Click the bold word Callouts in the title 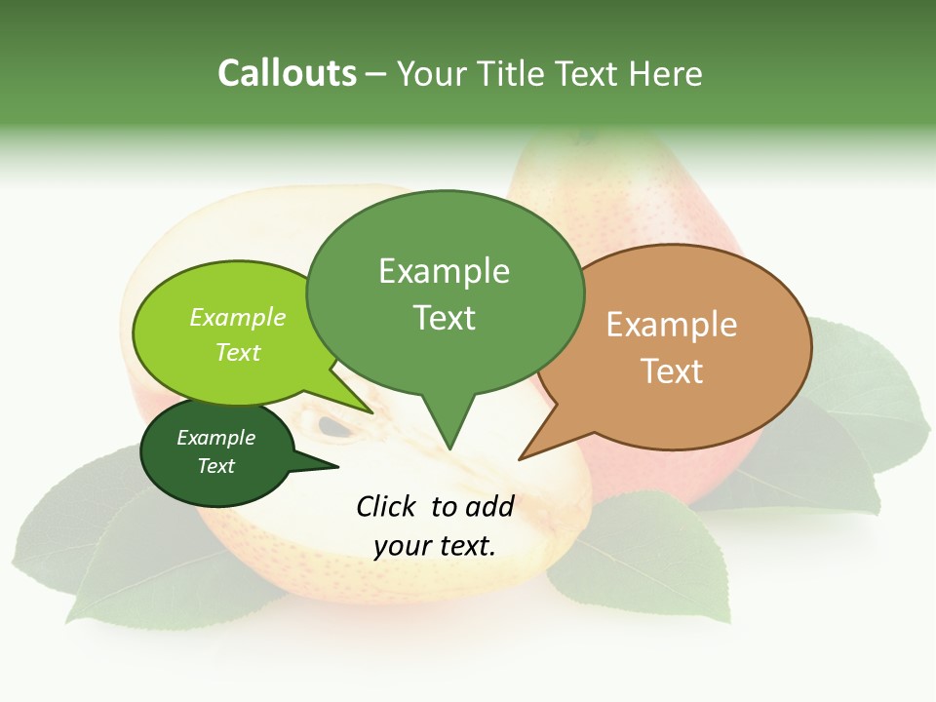pyautogui.click(x=287, y=73)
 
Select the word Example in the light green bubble pyautogui.click(x=238, y=317)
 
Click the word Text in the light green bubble pyautogui.click(x=238, y=352)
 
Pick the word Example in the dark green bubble pyautogui.click(x=215, y=438)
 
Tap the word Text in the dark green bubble pyautogui.click(x=215, y=466)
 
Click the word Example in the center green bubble pyautogui.click(x=444, y=271)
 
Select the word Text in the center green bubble pyautogui.click(x=444, y=318)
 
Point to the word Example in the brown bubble pyautogui.click(x=672, y=325)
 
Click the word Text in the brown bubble pyautogui.click(x=672, y=371)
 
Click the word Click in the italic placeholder pyautogui.click(x=387, y=506)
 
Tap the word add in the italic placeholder pyautogui.click(x=490, y=506)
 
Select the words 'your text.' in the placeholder pyautogui.click(x=434, y=546)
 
